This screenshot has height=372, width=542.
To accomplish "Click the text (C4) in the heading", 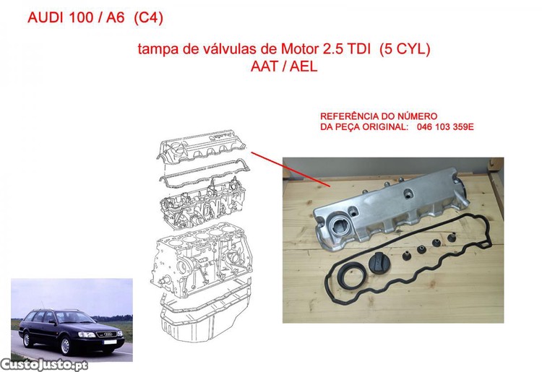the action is (148, 17).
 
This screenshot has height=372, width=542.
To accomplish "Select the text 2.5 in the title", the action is (333, 48).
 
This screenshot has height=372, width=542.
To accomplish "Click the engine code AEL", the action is (303, 66).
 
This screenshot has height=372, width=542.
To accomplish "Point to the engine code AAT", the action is (264, 66).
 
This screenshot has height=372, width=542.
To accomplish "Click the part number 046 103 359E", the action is (445, 126).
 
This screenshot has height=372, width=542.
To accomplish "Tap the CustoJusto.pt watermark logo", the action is (44, 365).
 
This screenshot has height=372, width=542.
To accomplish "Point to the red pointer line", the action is (291, 169).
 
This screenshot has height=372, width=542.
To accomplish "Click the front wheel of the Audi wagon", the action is (66, 345).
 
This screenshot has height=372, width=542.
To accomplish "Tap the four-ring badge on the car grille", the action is (110, 334).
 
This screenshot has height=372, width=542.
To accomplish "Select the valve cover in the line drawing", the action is (203, 147).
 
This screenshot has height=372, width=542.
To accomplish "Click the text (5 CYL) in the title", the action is (405, 49).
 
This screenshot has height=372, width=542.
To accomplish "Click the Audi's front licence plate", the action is (110, 342).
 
